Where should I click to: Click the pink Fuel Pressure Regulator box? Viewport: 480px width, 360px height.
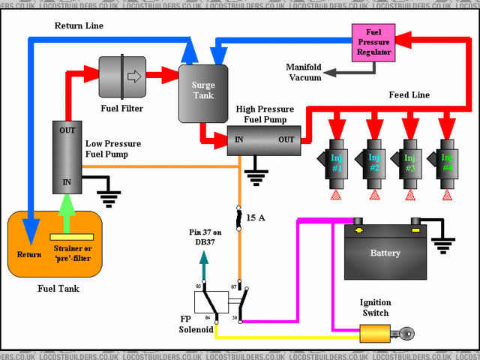click(373, 42)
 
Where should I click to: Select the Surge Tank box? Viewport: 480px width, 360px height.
click(203, 92)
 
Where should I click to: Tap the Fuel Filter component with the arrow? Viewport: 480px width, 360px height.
click(122, 76)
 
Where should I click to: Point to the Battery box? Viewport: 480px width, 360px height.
click(385, 252)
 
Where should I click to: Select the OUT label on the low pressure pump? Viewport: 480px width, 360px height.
click(67, 130)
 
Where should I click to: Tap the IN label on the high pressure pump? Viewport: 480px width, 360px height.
click(239, 139)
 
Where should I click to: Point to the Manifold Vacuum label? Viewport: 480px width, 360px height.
click(304, 72)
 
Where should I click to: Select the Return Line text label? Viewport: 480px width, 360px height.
click(79, 25)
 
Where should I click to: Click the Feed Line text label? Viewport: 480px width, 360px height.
click(409, 95)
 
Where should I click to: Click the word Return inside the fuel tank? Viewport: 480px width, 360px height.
click(29, 254)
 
